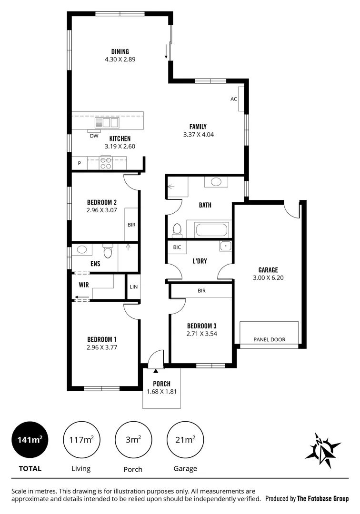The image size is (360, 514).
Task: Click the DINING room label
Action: pos(120,52)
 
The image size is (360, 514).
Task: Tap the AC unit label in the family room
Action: pos(233,99)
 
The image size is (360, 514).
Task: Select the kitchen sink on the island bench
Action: pos(107,122)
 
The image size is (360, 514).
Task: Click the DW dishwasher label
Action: pos(94,136)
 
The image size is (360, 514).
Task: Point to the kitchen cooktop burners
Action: pos(106,163)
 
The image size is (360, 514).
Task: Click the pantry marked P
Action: pos(79,164)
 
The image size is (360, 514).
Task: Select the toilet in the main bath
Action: pos(177,230)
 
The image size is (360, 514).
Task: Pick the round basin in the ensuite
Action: pos(81,249)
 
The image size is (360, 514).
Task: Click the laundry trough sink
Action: pos(225,247)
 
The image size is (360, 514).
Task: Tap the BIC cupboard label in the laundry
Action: pos(177,247)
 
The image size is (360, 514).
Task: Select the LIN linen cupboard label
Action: pos(133,287)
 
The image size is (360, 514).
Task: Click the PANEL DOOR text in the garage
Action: pos(269,339)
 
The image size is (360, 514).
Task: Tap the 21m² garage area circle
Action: pos(185,439)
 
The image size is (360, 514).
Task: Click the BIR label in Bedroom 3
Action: pos(201,290)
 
